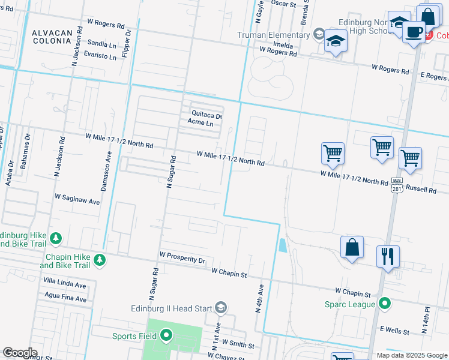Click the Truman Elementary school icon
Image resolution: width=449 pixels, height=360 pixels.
coord(319,34)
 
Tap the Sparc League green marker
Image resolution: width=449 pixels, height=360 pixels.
coord(385,304)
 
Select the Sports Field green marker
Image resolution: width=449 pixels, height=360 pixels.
coord(166,336)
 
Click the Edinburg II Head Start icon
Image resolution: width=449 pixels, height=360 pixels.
coord(221,308)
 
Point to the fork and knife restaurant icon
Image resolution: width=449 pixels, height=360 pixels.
coord(388,256)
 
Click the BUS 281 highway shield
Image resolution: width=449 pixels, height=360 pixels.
coord(396,184)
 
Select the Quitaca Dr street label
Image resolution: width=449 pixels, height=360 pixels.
coord(207,114)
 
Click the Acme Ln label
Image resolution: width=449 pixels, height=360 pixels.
coord(200,123)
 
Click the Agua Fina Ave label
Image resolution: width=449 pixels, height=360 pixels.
coord(65,296)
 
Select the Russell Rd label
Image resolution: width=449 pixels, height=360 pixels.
coord(421,188)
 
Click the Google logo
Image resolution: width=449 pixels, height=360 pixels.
coord(19,353)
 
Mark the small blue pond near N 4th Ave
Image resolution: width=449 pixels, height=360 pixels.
coord(282,245)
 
